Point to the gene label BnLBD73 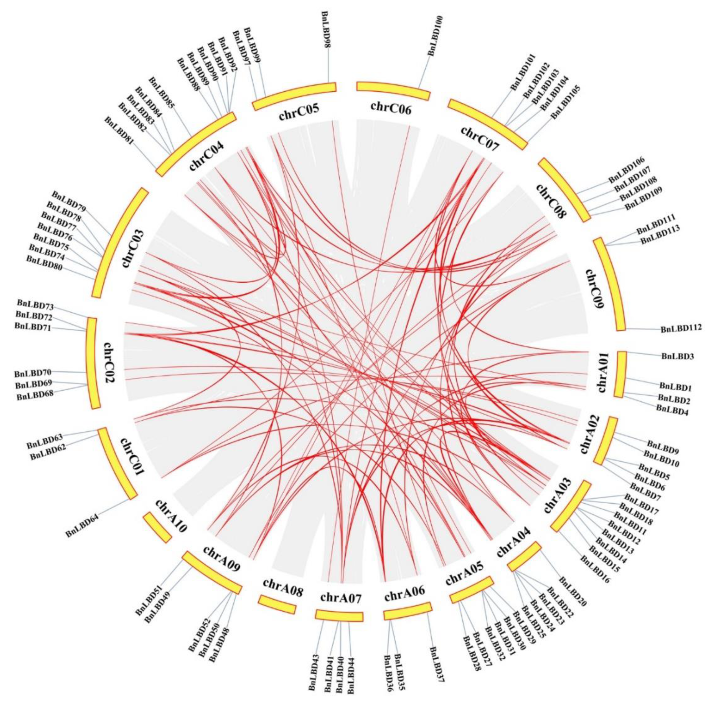pyautogui.click(x=35, y=305)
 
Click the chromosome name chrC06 pyautogui.click(x=391, y=109)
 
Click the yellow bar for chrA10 pyautogui.click(x=157, y=527)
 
